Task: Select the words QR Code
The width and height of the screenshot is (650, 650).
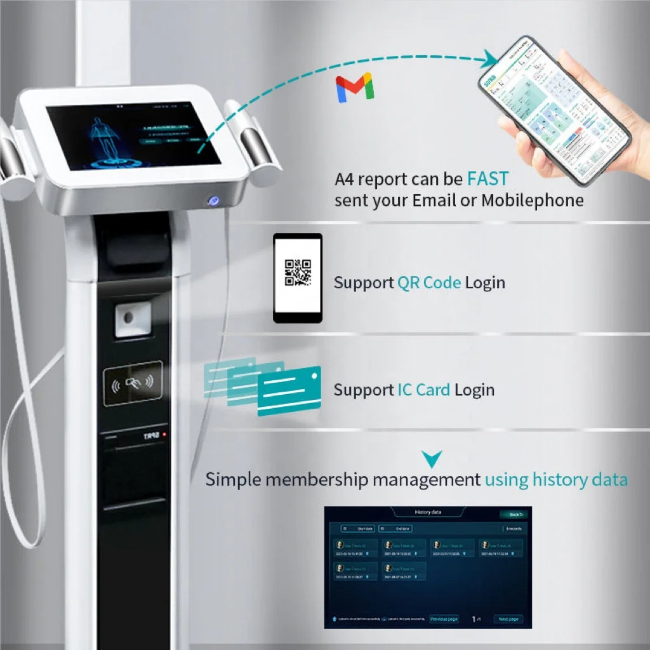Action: point(429,282)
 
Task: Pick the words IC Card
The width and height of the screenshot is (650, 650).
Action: point(424,390)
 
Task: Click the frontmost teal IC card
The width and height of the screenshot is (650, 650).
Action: point(289,390)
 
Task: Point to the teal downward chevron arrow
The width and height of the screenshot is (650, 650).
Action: point(432,458)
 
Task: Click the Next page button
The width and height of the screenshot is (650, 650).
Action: point(508,619)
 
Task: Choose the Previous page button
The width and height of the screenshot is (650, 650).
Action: point(444,619)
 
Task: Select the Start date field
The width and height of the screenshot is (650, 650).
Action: point(358,528)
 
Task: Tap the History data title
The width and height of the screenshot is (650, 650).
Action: point(427,512)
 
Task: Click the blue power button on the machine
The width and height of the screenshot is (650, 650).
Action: point(215,201)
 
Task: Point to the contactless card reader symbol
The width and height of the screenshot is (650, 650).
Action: point(133,383)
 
